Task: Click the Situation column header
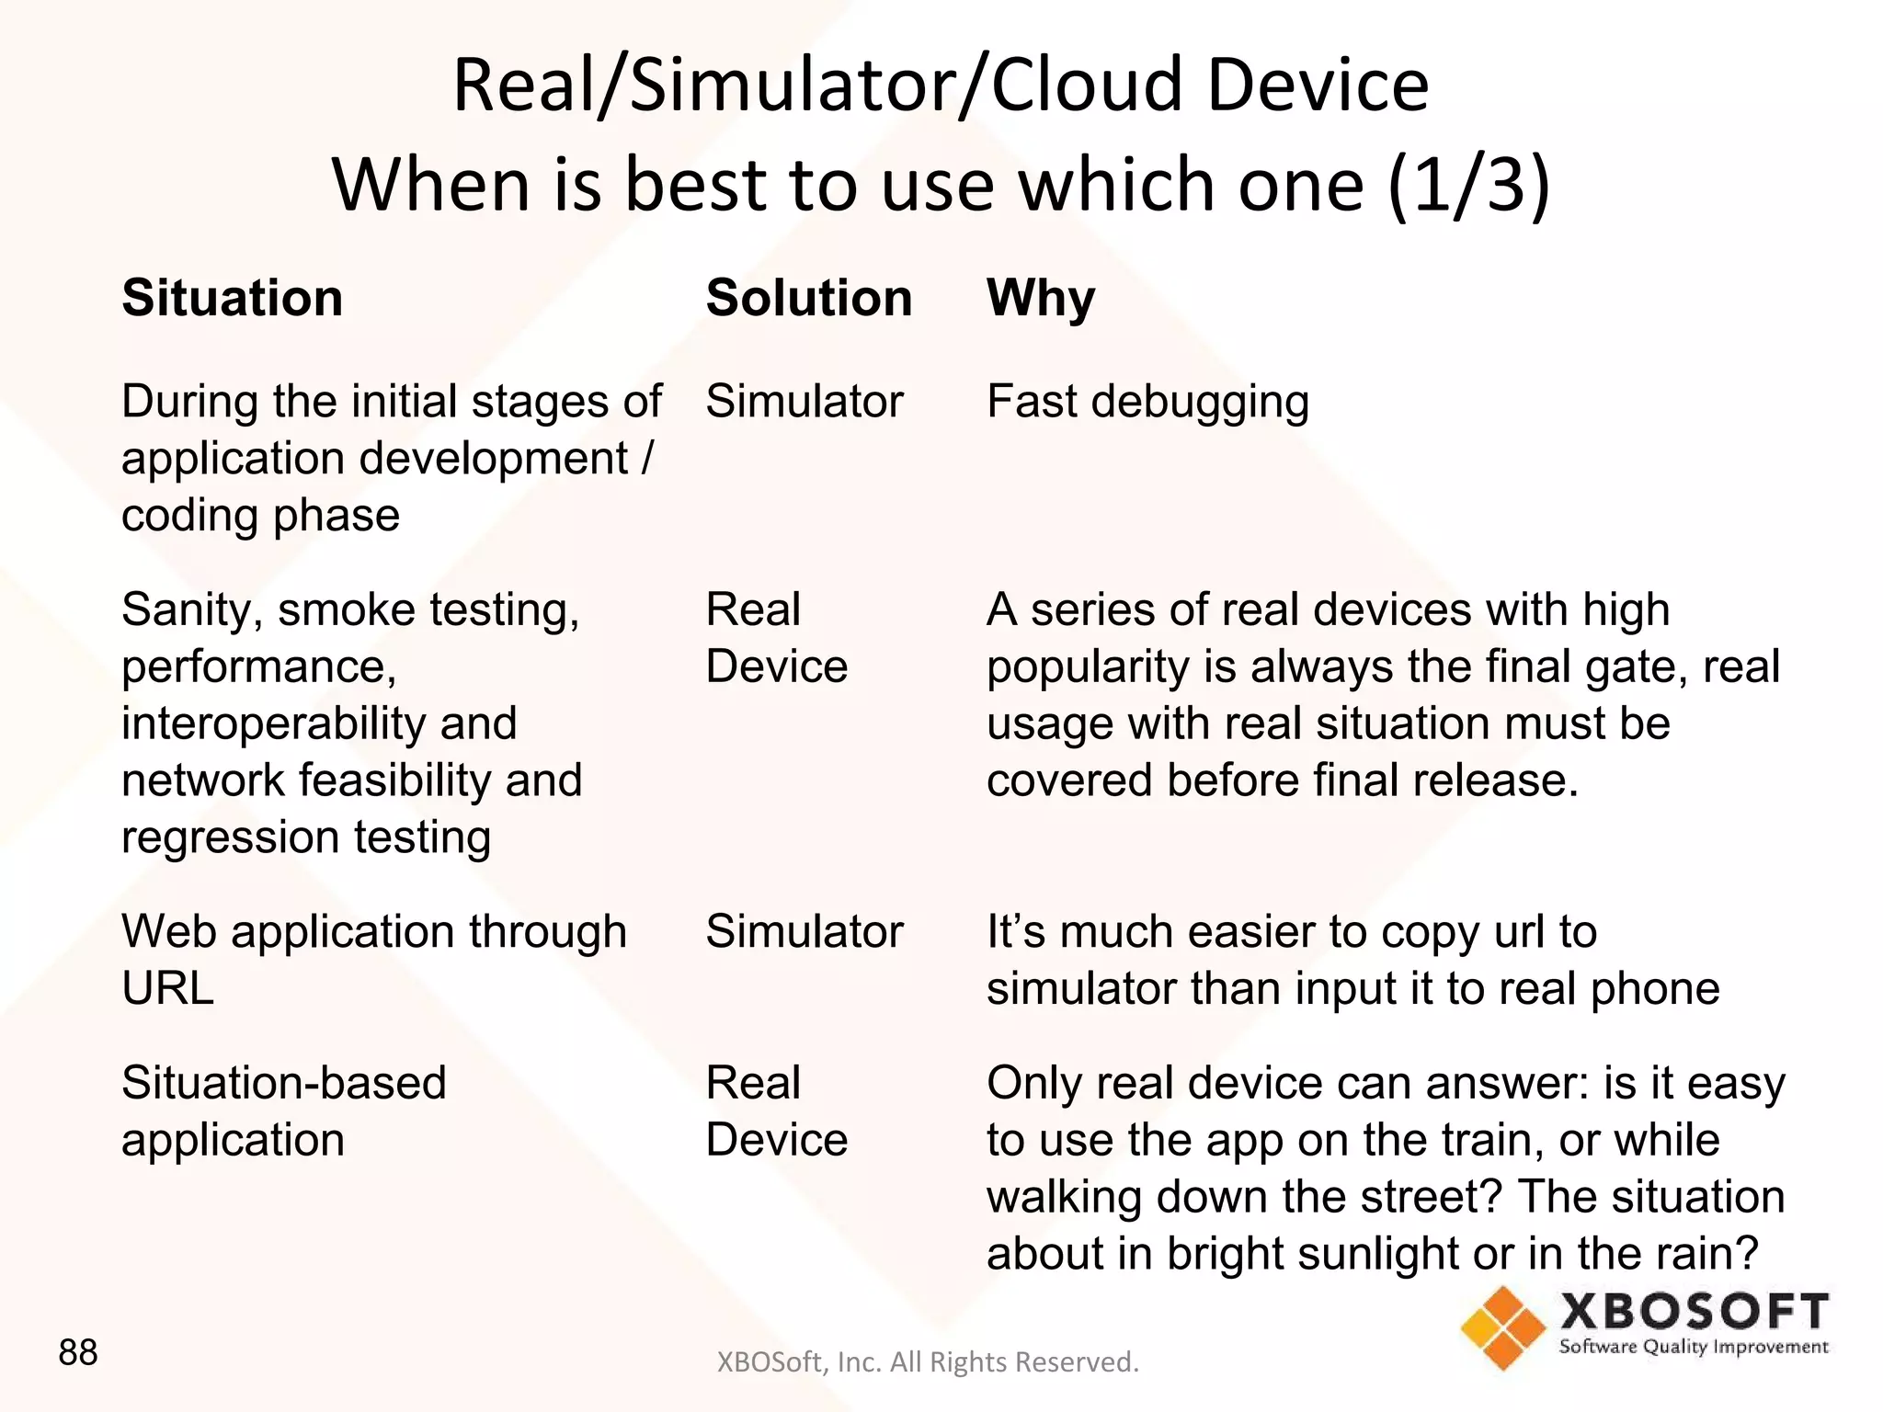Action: pyautogui.click(x=232, y=298)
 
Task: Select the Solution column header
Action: pyautogui.click(x=808, y=298)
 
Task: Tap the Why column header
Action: pyautogui.click(x=1040, y=298)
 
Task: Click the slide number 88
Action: pyautogui.click(x=77, y=1352)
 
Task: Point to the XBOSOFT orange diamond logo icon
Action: pyautogui.click(x=1503, y=1327)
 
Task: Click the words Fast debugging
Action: pyautogui.click(x=1147, y=402)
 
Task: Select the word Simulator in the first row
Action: pyautogui.click(x=805, y=402)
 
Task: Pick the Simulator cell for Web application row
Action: pyautogui.click(x=805, y=931)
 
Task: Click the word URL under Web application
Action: pyautogui.click(x=167, y=988)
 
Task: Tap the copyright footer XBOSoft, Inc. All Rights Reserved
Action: pyautogui.click(x=927, y=1361)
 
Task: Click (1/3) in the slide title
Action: pyautogui.click(x=1468, y=184)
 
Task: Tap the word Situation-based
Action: pyautogui.click(x=283, y=1083)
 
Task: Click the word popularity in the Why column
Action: pyautogui.click(x=1087, y=666)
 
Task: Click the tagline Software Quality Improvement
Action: pyautogui.click(x=1693, y=1348)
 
